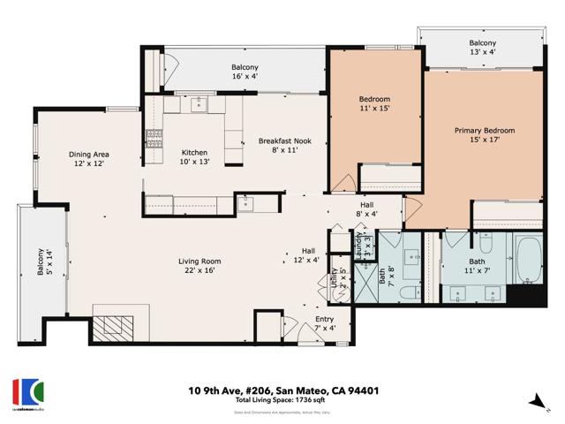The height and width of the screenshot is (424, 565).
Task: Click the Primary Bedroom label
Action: (x=484, y=136)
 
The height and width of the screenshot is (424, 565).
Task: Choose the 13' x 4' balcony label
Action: (x=482, y=48)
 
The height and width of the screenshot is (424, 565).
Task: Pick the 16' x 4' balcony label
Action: (x=245, y=72)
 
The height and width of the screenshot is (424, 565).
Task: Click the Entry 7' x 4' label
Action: (x=325, y=324)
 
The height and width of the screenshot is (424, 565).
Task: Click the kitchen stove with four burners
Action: (x=154, y=138)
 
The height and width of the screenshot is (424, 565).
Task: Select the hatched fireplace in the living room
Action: (x=111, y=329)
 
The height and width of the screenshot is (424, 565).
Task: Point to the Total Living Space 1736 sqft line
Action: (x=282, y=401)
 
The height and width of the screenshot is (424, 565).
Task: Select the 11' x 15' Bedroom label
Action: (x=374, y=103)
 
